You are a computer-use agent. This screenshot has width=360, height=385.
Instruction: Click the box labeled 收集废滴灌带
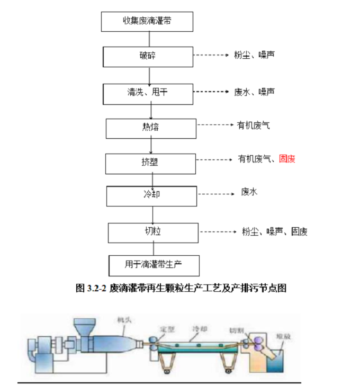coord(147,21)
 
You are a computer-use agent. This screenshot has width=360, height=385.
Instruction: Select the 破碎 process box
coord(148,56)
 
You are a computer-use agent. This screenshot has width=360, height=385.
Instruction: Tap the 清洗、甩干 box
coord(148,92)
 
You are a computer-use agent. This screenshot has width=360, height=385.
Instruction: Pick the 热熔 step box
coord(150,127)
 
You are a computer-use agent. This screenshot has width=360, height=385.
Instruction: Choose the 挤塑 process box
coord(150,163)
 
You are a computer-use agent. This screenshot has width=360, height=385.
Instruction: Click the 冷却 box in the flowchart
coord(151,195)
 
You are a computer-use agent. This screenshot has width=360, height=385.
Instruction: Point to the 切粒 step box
coord(152,232)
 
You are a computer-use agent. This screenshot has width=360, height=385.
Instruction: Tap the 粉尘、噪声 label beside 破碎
coord(254,55)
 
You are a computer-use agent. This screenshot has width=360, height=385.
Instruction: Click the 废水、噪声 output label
coord(254,92)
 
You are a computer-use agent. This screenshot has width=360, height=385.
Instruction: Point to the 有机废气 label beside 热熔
coord(254,126)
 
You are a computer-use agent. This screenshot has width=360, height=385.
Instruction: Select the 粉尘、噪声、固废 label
coord(275,231)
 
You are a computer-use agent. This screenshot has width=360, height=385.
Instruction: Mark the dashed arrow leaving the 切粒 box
coord(218,232)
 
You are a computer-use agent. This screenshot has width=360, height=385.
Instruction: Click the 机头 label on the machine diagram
coord(125,320)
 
